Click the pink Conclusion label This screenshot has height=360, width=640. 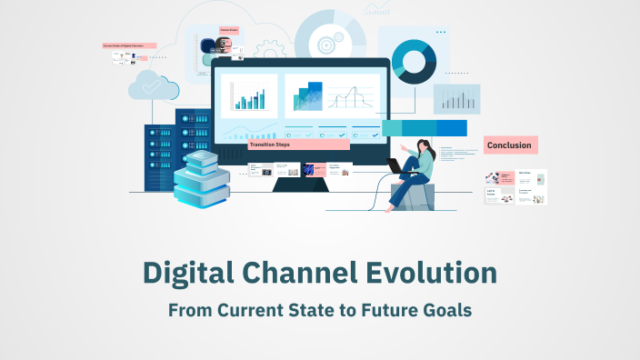(510, 145)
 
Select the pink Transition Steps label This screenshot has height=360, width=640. (297, 144)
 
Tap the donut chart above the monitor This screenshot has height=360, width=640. (415, 61)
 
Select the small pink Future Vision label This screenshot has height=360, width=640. (229, 30)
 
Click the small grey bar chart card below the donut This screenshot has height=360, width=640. (456, 98)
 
